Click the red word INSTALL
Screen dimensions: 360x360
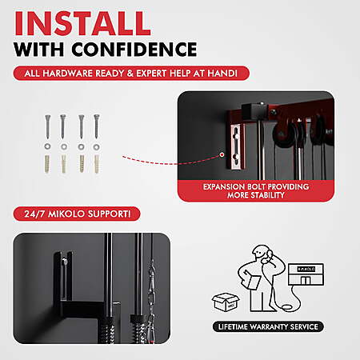(x=82, y=23)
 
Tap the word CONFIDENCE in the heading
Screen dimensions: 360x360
(x=134, y=50)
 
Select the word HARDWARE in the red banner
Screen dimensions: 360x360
(x=67, y=74)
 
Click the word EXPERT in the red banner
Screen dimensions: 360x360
(x=151, y=74)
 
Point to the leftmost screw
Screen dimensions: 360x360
(x=48, y=126)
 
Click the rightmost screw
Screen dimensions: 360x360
(x=97, y=126)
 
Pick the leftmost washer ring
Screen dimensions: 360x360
(x=48, y=146)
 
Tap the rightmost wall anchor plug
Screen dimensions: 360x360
(x=97, y=164)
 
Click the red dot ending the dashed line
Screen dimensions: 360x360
(x=222, y=154)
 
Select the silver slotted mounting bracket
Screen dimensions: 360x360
(x=237, y=146)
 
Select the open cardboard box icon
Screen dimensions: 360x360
(x=226, y=302)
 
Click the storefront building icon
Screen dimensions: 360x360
(x=306, y=274)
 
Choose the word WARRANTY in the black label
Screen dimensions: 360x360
(x=269, y=327)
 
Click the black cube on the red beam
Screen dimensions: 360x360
(x=252, y=111)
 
